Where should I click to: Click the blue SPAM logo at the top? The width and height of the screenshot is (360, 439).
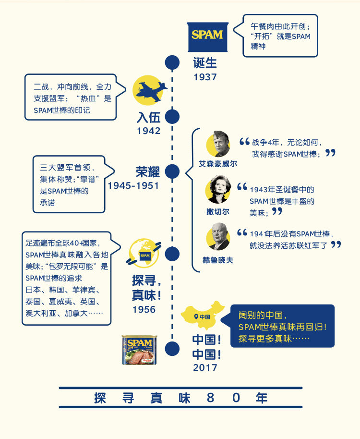click(x=207, y=37)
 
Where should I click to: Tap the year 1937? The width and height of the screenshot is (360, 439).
click(x=205, y=77)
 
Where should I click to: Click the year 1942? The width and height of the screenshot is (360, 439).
click(x=148, y=131)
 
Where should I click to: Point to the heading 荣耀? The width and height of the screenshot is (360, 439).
click(x=148, y=172)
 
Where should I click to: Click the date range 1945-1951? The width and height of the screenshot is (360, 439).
click(x=133, y=185)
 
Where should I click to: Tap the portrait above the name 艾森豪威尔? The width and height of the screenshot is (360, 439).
click(x=218, y=144)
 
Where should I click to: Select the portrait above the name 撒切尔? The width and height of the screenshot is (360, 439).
click(x=218, y=190)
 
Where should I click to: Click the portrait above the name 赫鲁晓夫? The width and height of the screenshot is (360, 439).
click(x=218, y=237)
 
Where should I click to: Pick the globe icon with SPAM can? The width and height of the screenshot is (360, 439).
click(x=144, y=253)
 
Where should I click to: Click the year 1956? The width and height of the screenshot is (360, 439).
click(x=144, y=309)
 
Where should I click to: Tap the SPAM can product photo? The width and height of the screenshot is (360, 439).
click(x=140, y=350)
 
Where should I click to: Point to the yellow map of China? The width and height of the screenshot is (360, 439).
click(x=203, y=315)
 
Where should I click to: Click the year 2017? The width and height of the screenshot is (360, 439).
click(x=205, y=367)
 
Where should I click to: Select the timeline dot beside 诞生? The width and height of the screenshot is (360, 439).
click(x=172, y=62)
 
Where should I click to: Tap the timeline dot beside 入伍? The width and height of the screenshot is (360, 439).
click(x=172, y=117)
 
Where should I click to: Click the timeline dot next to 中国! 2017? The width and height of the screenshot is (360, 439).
click(x=172, y=349)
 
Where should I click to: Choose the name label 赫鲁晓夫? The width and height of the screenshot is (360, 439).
click(x=218, y=260)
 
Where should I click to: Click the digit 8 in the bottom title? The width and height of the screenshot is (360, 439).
click(x=210, y=398)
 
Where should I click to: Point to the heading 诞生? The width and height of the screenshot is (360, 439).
click(x=205, y=63)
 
